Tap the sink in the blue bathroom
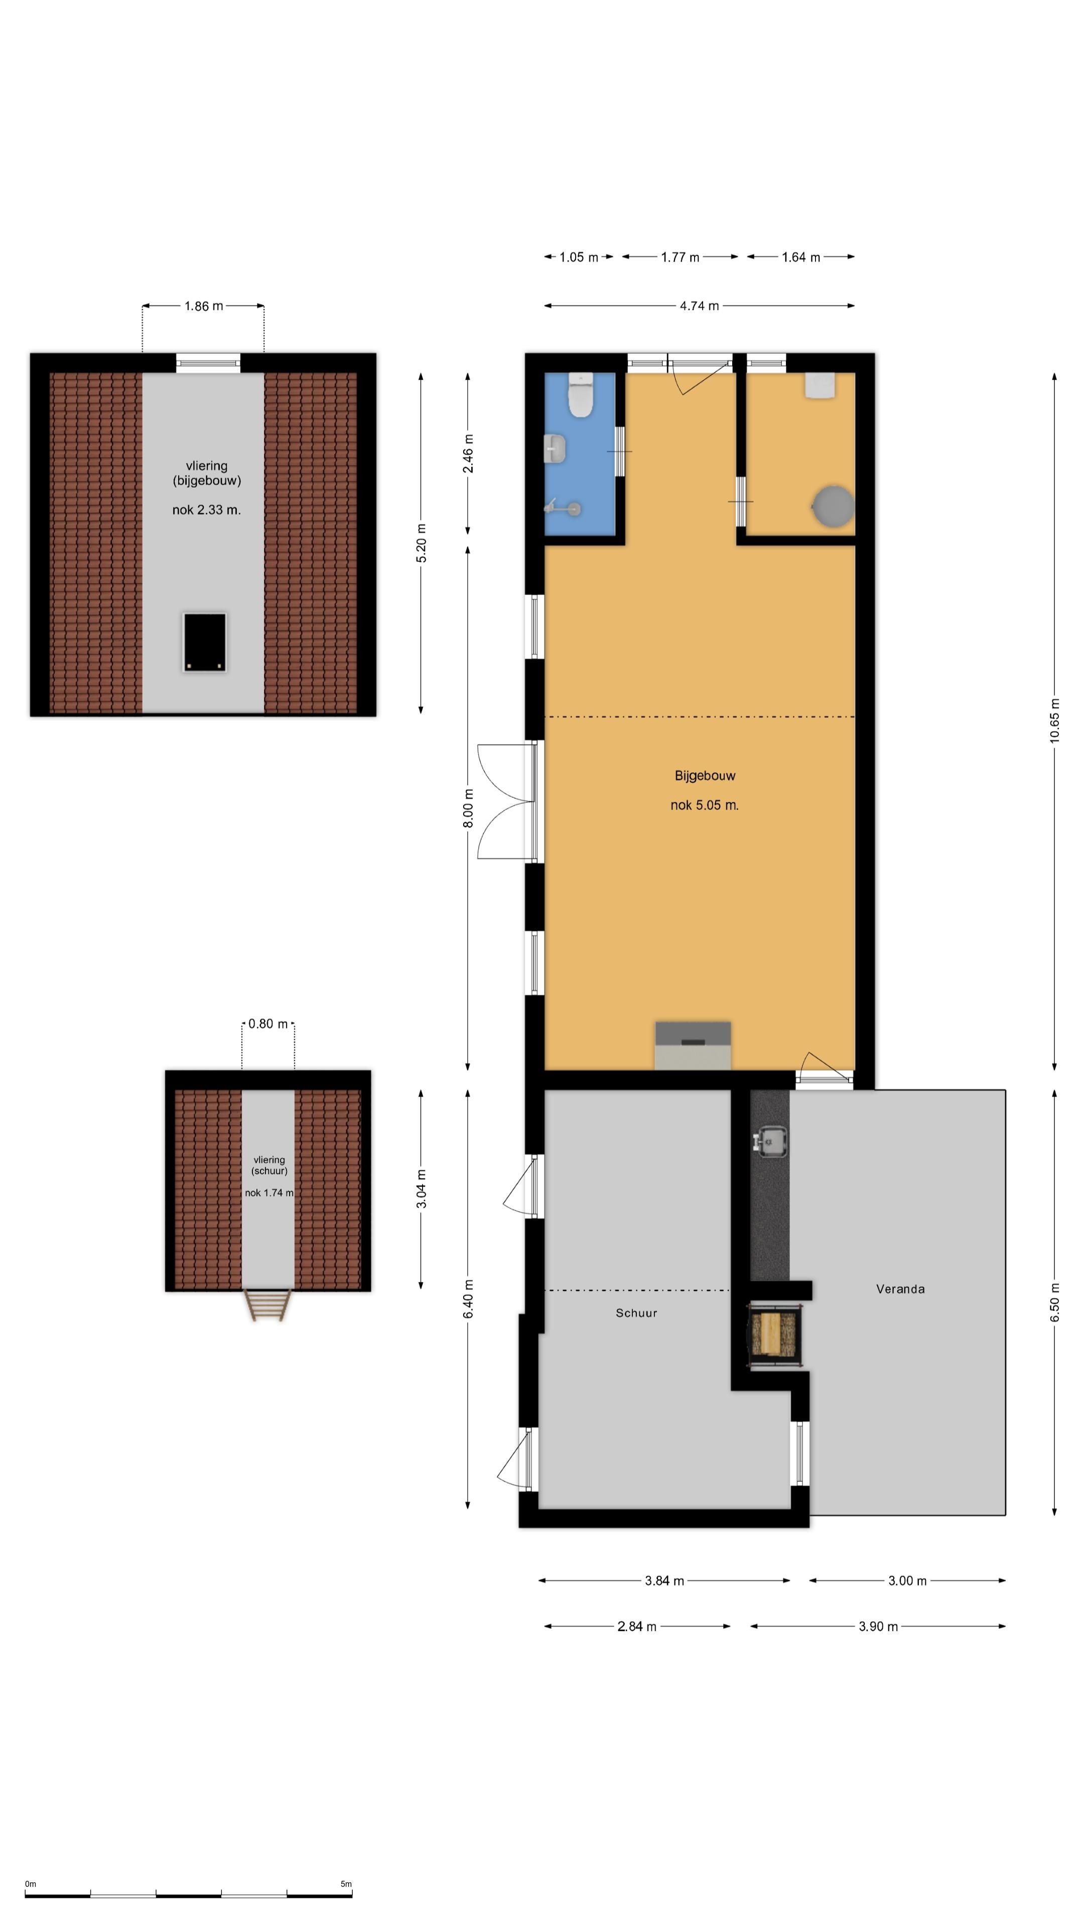554,449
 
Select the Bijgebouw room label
705,775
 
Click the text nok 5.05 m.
704,805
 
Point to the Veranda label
900,1289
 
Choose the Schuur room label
636,1313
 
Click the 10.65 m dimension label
1055,720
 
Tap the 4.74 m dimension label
699,305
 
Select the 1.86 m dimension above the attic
203,305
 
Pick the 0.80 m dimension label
268,1023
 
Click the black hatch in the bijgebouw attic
204,642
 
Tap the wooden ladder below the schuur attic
268,1305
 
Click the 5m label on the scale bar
346,1884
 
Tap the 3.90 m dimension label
878,1626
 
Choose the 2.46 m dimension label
468,453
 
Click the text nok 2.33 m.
206,510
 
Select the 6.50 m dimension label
1055,1302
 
